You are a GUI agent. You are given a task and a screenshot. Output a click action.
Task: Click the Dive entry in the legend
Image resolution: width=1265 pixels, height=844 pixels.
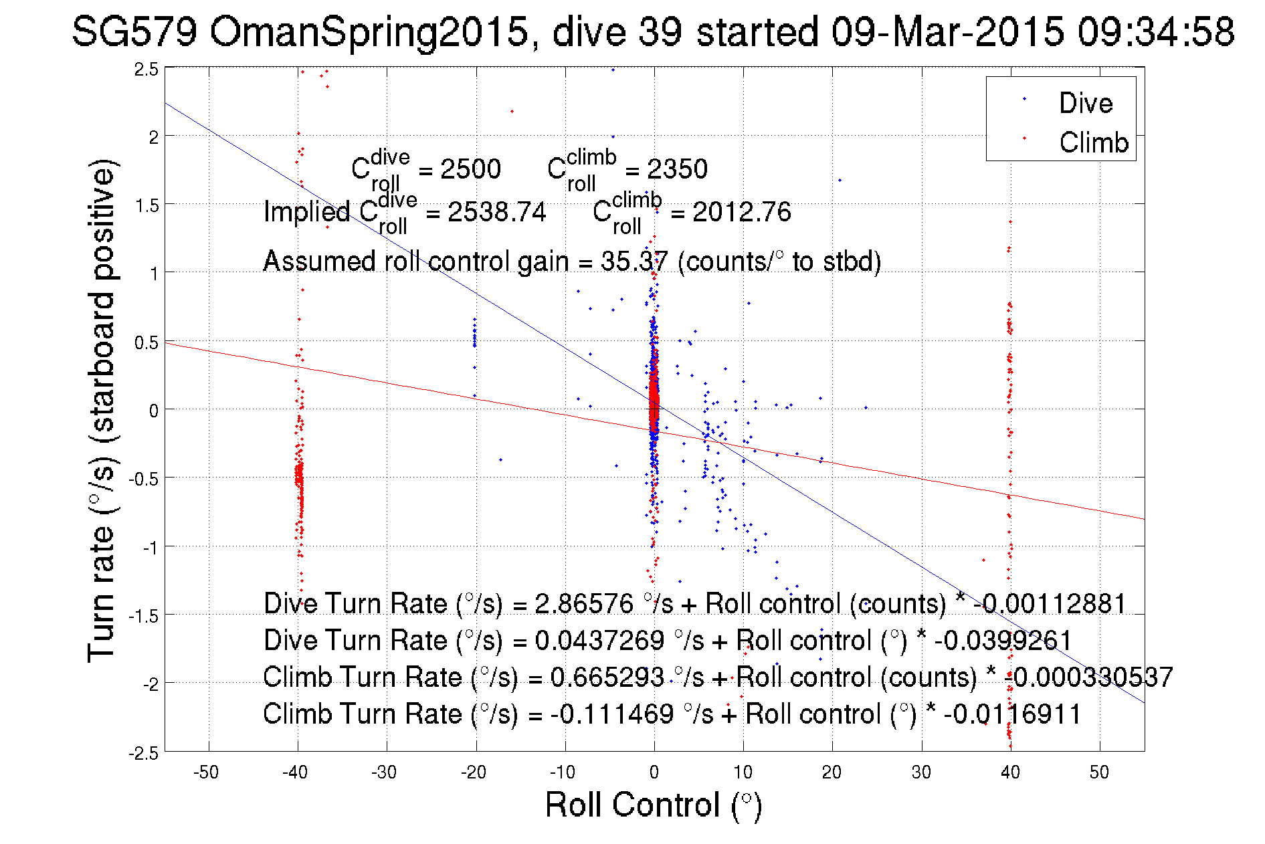(x=1085, y=103)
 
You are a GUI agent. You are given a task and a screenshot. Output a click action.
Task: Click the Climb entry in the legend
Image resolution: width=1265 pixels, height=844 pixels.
(x=1093, y=142)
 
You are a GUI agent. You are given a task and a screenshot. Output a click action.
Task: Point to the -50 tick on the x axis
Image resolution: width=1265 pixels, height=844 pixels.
(x=206, y=772)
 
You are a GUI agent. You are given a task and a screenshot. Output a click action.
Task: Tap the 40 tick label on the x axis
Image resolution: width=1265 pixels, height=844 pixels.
(x=1010, y=772)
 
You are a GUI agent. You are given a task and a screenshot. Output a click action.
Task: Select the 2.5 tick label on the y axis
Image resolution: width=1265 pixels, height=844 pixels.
(x=147, y=70)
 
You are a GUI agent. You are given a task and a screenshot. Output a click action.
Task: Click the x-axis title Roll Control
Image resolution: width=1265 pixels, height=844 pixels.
(x=653, y=805)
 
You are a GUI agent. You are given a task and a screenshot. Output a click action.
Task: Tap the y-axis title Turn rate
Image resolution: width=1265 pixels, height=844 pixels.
(x=102, y=411)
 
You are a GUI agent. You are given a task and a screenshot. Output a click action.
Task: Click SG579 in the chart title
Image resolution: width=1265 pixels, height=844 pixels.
(x=134, y=31)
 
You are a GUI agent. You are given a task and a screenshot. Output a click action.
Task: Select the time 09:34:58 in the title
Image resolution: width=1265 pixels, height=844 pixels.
(x=1156, y=31)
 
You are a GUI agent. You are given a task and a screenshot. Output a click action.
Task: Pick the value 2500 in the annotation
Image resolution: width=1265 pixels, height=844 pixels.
(x=470, y=169)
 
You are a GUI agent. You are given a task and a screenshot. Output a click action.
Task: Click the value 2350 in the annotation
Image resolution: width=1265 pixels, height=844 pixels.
(x=677, y=169)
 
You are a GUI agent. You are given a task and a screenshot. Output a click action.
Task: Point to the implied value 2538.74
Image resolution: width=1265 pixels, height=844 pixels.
(x=496, y=212)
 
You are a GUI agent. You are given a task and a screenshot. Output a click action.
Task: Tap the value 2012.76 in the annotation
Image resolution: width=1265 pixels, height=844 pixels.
(x=741, y=212)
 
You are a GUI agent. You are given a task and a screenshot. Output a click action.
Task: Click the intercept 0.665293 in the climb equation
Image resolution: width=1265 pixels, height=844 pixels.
(x=607, y=677)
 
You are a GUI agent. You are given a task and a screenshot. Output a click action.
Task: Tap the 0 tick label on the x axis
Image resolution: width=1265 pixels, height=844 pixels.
(x=654, y=772)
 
